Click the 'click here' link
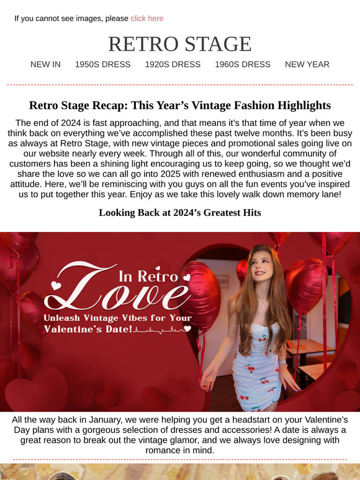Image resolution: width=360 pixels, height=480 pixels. click(x=147, y=19)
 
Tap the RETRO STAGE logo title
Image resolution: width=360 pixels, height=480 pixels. click(x=180, y=44)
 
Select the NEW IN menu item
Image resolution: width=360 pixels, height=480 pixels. click(x=45, y=64)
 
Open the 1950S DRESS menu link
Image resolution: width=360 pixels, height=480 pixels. click(x=103, y=64)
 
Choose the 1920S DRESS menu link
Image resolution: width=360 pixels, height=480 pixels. click(x=173, y=64)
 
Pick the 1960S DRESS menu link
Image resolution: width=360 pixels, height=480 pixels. click(x=243, y=64)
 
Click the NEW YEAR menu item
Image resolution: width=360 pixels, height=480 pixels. click(x=307, y=64)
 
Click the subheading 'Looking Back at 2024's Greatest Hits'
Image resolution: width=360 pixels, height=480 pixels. click(x=180, y=213)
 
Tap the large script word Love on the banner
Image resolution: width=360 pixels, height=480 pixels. click(x=118, y=295)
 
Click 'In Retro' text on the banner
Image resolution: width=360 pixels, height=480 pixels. click(x=148, y=275)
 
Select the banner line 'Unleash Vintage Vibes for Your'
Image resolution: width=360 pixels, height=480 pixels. click(x=117, y=318)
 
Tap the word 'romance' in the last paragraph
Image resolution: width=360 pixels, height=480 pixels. click(x=147, y=450)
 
